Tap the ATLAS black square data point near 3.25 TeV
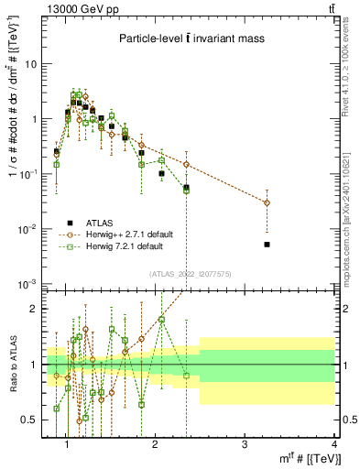[267, 245]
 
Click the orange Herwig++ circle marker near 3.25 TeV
[267, 202]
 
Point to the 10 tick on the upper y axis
[32, 64]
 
